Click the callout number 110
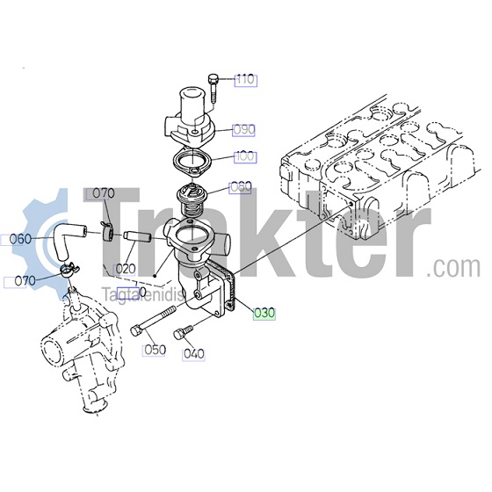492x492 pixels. [246, 80]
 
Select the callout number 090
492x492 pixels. [244, 130]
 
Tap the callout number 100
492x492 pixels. [246, 156]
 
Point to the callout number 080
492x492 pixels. [241, 187]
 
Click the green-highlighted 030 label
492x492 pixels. [264, 313]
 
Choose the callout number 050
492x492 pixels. [154, 350]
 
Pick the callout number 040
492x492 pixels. [193, 354]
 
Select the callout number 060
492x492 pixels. [20, 239]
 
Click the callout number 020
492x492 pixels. [125, 269]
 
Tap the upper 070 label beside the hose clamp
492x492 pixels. [104, 193]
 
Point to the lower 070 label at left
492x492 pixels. [25, 281]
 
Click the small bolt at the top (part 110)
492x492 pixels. [213, 88]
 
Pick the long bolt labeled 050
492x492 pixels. [153, 321]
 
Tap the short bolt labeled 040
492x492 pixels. [183, 332]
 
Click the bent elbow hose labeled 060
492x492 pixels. [68, 240]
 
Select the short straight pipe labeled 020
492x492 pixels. [138, 236]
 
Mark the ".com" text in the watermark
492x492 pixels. [453, 267]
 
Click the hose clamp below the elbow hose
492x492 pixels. [69, 269]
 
